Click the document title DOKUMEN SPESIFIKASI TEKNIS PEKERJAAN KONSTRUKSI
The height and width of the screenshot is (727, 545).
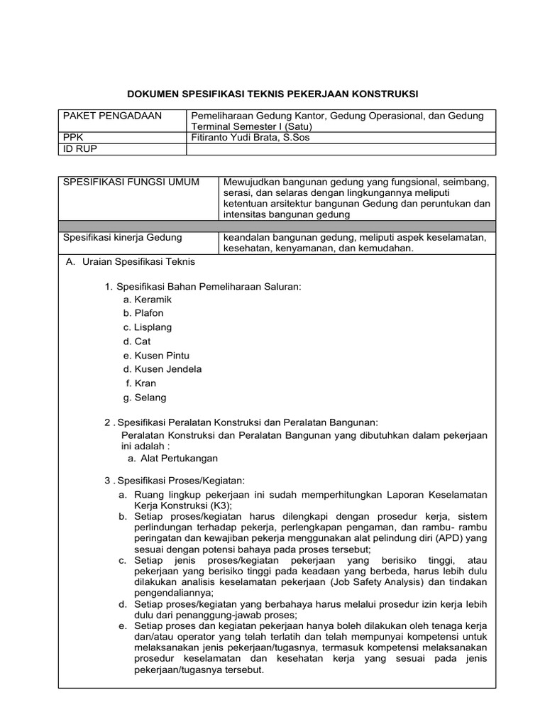[272, 93]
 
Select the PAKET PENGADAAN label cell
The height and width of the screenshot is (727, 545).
[113, 116]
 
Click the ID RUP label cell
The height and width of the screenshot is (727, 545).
[80, 149]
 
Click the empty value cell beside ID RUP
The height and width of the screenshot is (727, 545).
[341, 149]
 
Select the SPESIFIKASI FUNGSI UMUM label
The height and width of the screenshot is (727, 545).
[131, 183]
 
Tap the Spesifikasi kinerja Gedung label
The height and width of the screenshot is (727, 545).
[123, 237]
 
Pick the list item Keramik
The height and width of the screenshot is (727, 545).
[153, 300]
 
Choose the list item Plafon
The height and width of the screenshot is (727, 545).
[149, 313]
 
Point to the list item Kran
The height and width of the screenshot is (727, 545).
[145, 383]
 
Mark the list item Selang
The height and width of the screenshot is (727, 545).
[150, 398]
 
